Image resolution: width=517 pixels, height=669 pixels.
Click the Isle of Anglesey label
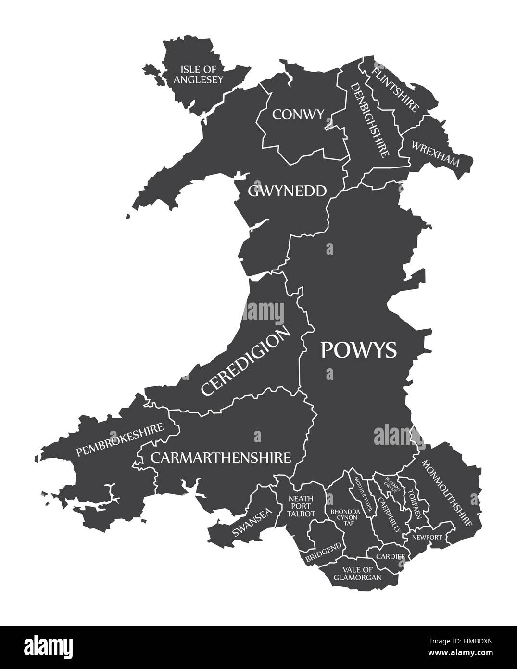point(199,74)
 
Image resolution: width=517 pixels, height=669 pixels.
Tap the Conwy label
point(298,114)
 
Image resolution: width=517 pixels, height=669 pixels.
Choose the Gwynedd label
point(287,191)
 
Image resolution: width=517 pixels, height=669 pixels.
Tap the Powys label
point(359,350)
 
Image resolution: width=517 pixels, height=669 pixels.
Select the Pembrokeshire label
point(120,439)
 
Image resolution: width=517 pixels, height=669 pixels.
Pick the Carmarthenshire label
point(221,457)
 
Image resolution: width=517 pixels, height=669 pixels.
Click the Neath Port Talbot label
point(301,506)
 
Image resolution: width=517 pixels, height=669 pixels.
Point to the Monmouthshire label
point(447,491)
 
